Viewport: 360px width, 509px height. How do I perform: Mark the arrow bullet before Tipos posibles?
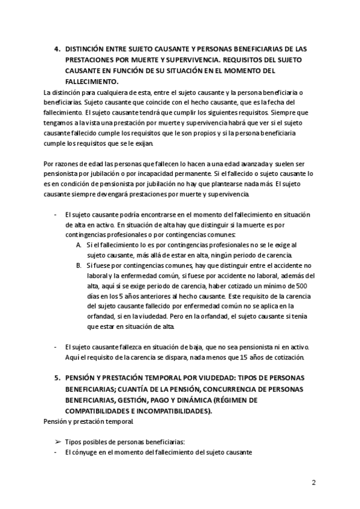[58, 442]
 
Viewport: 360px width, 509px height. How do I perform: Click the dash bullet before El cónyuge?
[55, 453]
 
